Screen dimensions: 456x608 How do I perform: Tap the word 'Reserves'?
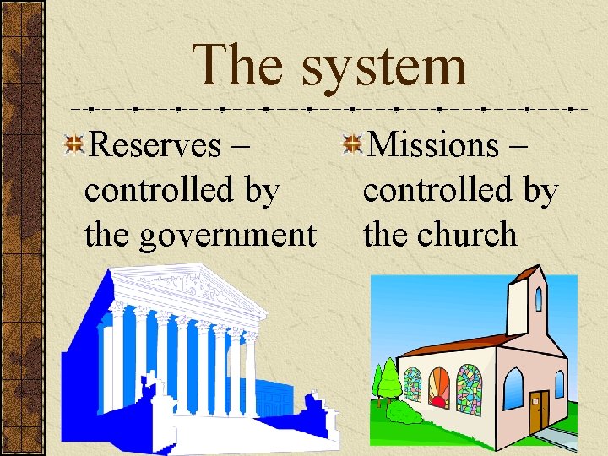click(154, 145)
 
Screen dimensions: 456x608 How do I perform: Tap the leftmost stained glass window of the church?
click(412, 385)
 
